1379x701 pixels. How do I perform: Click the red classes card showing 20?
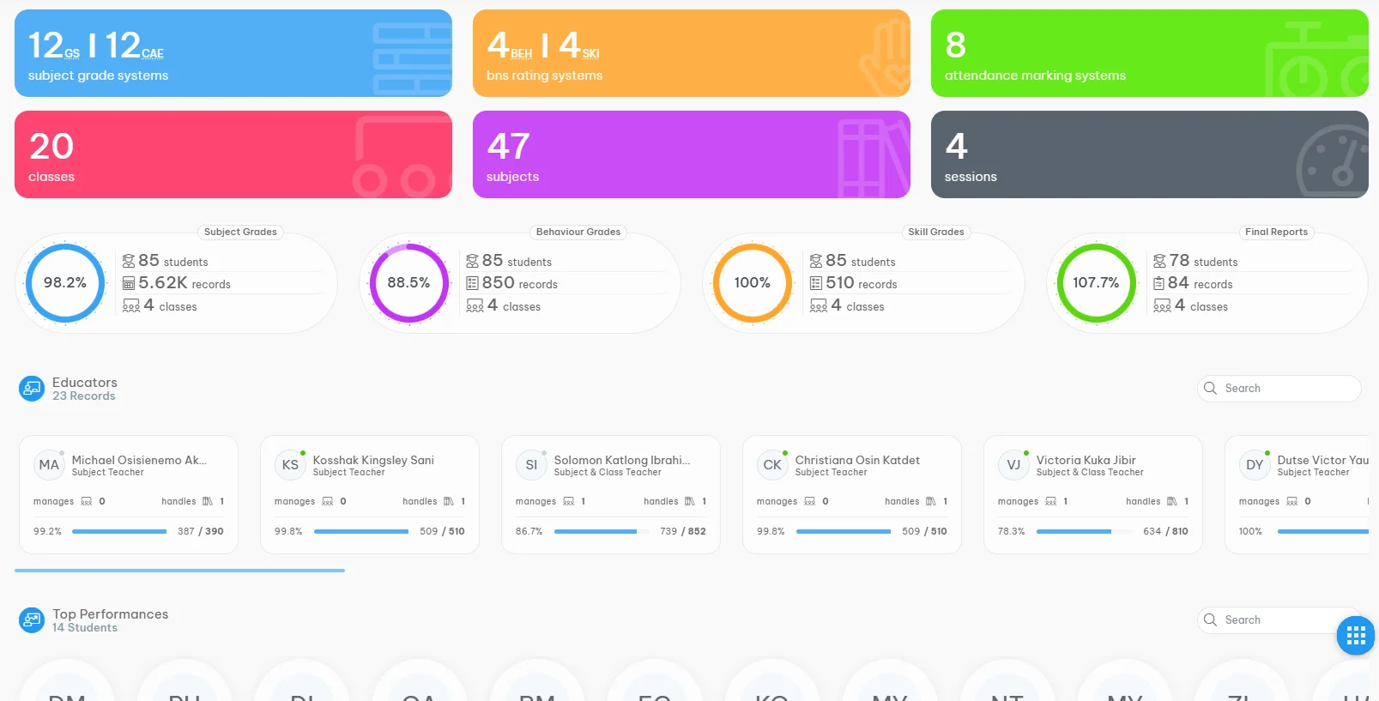pyautogui.click(x=233, y=154)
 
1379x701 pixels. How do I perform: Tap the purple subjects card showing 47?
pyautogui.click(x=691, y=154)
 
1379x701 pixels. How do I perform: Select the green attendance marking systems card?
pyautogui.click(x=1149, y=53)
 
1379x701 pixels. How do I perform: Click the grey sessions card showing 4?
pyautogui.click(x=1149, y=154)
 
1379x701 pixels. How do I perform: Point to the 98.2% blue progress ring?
pyautogui.click(x=65, y=283)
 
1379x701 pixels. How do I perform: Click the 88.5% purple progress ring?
pyautogui.click(x=408, y=283)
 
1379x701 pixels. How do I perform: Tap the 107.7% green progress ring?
pyautogui.click(x=1096, y=283)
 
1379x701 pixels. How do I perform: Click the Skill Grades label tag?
pyautogui.click(x=935, y=232)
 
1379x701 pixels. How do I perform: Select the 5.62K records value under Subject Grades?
pyautogui.click(x=184, y=283)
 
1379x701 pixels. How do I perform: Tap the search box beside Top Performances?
pyautogui.click(x=1270, y=620)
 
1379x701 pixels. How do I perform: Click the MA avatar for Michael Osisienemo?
pyautogui.click(x=49, y=465)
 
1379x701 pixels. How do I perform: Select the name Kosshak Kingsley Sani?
pyautogui.click(x=373, y=460)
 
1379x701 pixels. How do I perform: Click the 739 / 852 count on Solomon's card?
pyautogui.click(x=682, y=531)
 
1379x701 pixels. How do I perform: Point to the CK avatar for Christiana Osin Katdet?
pyautogui.click(x=772, y=465)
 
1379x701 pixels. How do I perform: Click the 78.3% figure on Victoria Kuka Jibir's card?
pyautogui.click(x=1011, y=531)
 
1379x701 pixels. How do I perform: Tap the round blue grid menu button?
pyautogui.click(x=1356, y=636)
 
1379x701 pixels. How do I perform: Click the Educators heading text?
pyautogui.click(x=84, y=383)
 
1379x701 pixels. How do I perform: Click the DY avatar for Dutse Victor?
pyautogui.click(x=1255, y=465)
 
